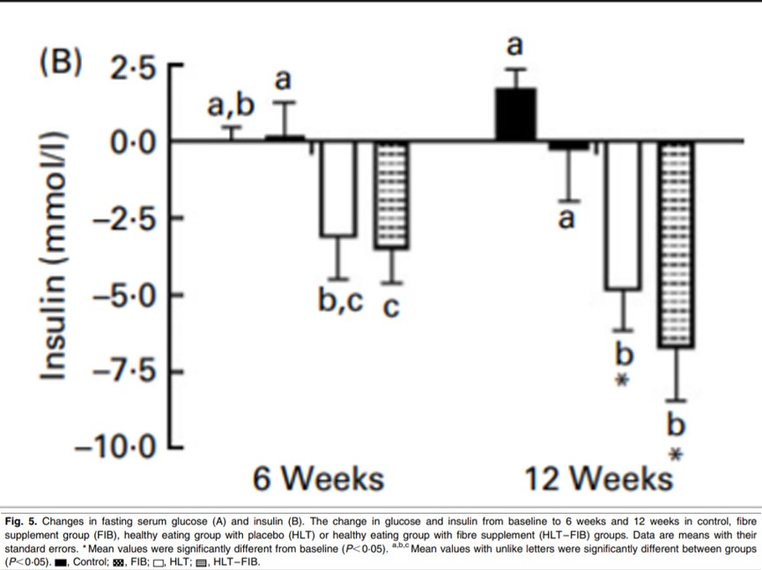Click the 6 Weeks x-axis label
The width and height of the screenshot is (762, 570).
coord(319,479)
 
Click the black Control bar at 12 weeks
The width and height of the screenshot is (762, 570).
coord(515,115)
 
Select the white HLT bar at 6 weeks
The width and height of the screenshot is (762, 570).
coord(337,189)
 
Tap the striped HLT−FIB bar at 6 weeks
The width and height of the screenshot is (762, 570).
coord(393,195)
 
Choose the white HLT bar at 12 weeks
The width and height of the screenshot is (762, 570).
coord(623,215)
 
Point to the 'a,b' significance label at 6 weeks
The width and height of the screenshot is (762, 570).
coord(231,107)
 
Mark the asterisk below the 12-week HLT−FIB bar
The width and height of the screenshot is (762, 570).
coord(677,455)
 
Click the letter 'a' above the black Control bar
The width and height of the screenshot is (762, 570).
coord(514,45)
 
